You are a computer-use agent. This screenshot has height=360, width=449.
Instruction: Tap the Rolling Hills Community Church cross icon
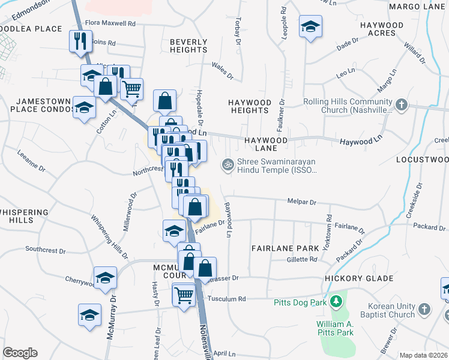(x=402, y=106)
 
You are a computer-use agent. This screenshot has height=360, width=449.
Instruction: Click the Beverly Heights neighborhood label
(x=188, y=46)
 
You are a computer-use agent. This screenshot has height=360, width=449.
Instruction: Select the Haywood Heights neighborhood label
(x=250, y=106)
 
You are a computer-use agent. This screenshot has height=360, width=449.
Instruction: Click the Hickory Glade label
(x=359, y=278)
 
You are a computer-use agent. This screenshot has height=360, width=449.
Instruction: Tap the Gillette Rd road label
(x=301, y=259)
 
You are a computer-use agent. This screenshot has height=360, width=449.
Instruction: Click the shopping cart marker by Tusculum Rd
(x=184, y=295)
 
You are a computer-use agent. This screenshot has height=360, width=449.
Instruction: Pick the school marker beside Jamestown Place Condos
(x=84, y=108)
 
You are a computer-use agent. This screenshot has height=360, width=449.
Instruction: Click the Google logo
(x=20, y=353)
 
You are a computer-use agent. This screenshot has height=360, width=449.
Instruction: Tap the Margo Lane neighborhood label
(x=417, y=7)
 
